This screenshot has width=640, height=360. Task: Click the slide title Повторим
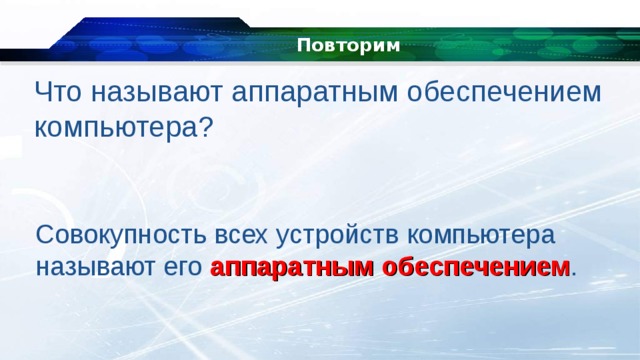tap(348, 46)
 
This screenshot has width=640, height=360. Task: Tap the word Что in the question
tap(57, 92)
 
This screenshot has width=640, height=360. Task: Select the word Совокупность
tap(119, 236)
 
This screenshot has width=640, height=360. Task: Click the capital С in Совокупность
tap(44, 236)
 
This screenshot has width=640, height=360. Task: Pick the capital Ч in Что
tap(43, 92)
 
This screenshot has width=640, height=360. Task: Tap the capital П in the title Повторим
tap(303, 46)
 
